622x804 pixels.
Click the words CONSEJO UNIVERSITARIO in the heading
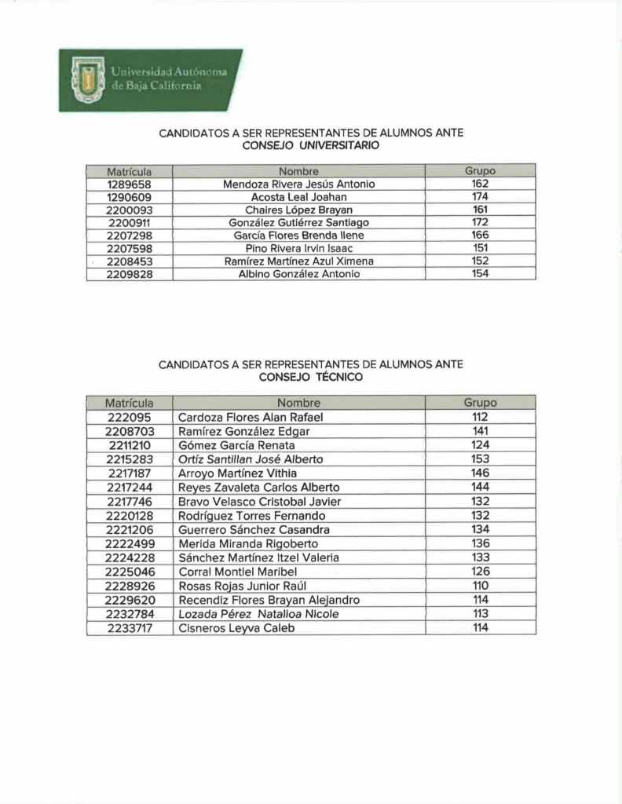pos(310,145)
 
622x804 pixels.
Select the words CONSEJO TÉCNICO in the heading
pos(310,378)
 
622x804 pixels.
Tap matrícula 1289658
pos(129,184)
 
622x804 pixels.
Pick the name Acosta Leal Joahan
pos(298,197)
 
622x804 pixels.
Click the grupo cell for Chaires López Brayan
pos(480,210)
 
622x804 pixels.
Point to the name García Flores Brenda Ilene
pos(298,235)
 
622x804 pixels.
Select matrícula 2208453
pos(129,261)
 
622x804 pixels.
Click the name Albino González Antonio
pos(298,273)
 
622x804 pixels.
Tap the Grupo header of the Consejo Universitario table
pos(480,171)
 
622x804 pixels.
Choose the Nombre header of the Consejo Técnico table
pos(298,403)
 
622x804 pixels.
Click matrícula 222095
pos(129,417)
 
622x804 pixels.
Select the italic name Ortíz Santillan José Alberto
pos(251,459)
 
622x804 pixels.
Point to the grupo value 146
pos(480,473)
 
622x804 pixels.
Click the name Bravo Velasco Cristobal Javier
pos(260,501)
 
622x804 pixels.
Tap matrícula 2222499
pos(129,543)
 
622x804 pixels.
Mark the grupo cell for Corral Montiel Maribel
pos(480,572)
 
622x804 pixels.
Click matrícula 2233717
pos(129,628)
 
